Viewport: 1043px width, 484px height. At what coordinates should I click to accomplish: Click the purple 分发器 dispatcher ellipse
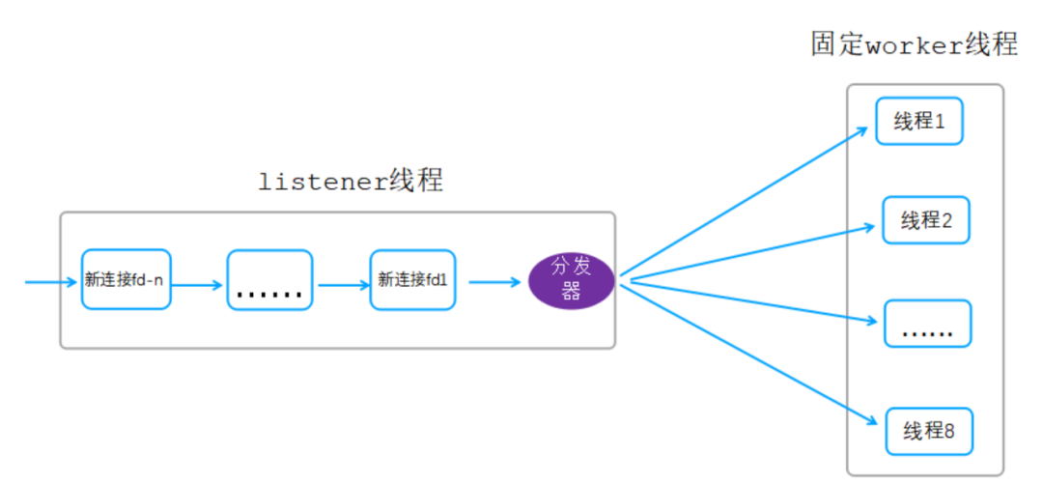tap(571, 281)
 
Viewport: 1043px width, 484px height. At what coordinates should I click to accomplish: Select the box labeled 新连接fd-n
tap(126, 280)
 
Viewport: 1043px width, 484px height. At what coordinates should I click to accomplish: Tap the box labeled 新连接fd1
tap(412, 280)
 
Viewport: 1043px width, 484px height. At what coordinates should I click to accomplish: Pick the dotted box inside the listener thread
tap(269, 280)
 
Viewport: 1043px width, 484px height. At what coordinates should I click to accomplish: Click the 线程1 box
tap(918, 121)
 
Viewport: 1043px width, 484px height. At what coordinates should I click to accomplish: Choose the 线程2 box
tap(925, 220)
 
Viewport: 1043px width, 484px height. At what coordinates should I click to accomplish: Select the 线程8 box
tap(928, 431)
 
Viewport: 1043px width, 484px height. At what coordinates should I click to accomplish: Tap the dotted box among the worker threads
tap(927, 324)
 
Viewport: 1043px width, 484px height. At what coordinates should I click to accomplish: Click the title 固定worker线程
tap(914, 44)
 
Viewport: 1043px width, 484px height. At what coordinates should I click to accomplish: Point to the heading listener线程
tap(351, 181)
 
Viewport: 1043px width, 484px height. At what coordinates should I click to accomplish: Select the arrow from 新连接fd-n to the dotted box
tap(198, 285)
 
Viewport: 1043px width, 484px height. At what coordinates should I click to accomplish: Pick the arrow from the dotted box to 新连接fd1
tap(343, 285)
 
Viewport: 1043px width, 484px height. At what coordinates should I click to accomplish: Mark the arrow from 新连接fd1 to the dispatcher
tap(492, 282)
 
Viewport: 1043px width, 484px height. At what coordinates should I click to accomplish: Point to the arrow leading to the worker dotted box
tap(753, 300)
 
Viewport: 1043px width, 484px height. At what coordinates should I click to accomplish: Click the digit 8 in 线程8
tap(948, 431)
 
